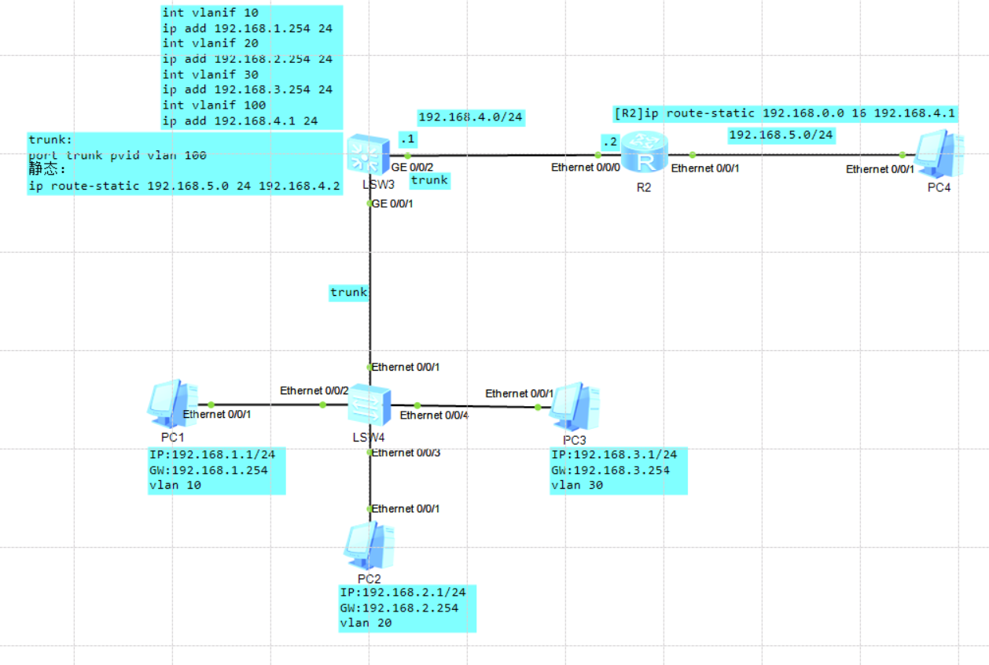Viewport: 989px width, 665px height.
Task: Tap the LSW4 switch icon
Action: pos(369,405)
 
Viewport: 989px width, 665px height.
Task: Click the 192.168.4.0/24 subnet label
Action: pos(471,118)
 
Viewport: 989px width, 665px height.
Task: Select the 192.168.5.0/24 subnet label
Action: pos(781,135)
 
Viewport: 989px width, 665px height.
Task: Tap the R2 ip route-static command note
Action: pos(785,113)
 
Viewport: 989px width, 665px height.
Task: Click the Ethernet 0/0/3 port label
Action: pos(406,453)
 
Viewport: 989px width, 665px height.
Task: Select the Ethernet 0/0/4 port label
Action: pos(434,415)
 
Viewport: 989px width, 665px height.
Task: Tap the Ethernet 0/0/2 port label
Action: pos(314,390)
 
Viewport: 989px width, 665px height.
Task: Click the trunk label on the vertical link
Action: pos(348,293)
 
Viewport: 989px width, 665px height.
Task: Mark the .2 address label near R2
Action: pos(608,140)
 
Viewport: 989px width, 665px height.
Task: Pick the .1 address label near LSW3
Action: pos(407,139)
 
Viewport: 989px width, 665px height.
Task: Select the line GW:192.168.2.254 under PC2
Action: pos(399,608)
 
